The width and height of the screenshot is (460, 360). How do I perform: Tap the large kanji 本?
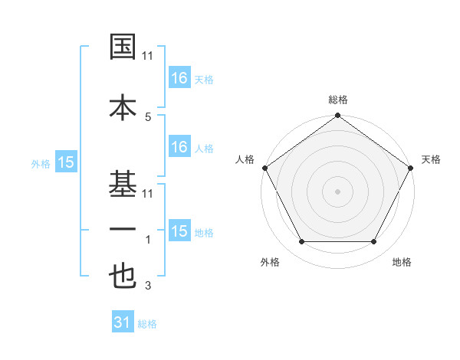(x=123, y=106)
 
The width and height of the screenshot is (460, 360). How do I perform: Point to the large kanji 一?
(x=123, y=229)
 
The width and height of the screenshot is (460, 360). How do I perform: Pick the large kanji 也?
(x=123, y=277)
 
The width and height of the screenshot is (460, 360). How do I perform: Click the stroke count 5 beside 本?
(x=147, y=116)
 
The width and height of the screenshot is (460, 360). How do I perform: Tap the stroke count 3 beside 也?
(x=147, y=286)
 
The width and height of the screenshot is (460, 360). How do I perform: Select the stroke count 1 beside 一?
(x=147, y=240)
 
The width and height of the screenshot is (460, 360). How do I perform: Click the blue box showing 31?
(x=123, y=323)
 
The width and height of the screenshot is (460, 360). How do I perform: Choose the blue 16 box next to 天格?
(x=179, y=78)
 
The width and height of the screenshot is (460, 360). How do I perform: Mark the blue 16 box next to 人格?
(x=179, y=147)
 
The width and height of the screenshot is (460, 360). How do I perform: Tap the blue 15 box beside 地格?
(x=179, y=231)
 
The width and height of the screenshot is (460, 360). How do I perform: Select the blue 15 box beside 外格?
(x=65, y=162)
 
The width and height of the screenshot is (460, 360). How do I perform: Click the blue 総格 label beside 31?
(x=147, y=324)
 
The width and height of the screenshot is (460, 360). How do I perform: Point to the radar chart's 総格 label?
(x=337, y=100)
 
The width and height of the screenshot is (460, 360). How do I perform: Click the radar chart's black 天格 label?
(x=431, y=159)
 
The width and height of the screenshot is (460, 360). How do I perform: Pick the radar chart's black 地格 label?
(x=402, y=262)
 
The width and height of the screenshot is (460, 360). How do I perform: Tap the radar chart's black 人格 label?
(x=245, y=159)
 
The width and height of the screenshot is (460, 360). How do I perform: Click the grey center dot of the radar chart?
(x=337, y=191)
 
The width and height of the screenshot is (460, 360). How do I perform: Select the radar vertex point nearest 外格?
(x=301, y=242)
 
